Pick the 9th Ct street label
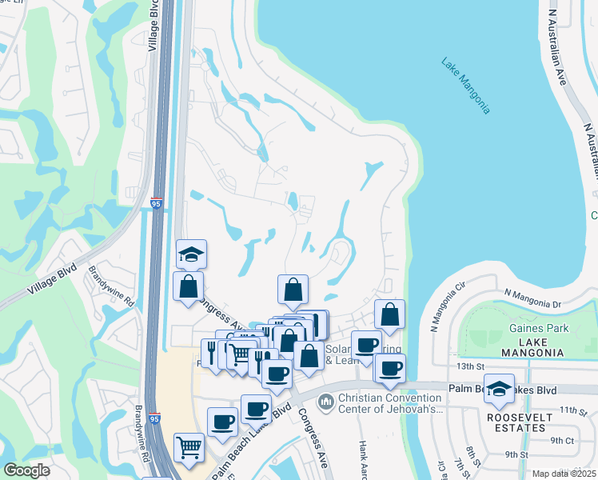[562, 440]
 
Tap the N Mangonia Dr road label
[534, 302]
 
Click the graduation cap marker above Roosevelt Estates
[500, 389]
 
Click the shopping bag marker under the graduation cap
[188, 286]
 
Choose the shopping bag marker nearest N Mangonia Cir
[389, 315]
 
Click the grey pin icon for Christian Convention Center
[325, 401]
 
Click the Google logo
[27, 470]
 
